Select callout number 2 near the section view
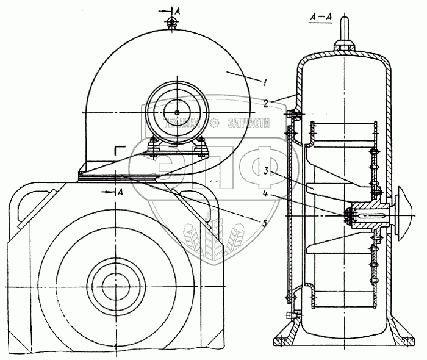pos(266,102)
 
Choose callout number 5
pos(264,223)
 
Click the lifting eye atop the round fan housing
pos(172,22)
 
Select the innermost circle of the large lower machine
pos(113,284)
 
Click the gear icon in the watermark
pos(215,123)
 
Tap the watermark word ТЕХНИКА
pos(184,123)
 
